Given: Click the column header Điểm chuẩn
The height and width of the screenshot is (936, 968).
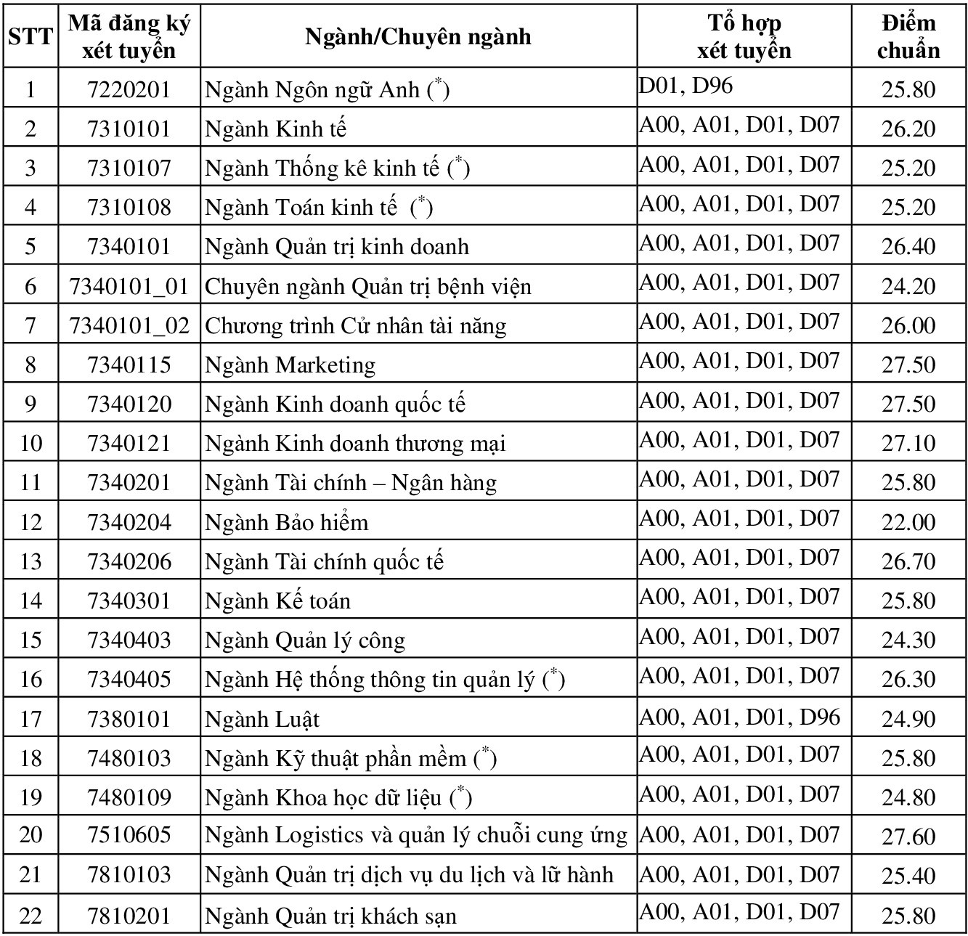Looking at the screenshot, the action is (x=908, y=36).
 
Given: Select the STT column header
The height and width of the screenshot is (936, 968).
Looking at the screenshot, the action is (x=30, y=36).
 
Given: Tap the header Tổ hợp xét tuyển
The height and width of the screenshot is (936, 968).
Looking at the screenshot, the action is (x=744, y=36).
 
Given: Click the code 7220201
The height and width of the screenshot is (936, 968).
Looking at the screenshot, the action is (x=129, y=89).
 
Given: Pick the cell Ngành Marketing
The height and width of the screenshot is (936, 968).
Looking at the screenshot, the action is (x=290, y=365).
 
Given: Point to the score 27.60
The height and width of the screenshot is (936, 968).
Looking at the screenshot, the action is (x=908, y=837).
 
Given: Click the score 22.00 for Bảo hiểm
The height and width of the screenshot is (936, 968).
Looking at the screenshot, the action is (x=908, y=522).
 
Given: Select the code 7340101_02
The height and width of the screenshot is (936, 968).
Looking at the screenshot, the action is (x=129, y=325).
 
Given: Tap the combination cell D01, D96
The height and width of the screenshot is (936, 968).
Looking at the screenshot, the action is (x=686, y=86).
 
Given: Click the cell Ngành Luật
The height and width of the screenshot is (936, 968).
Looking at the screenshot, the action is (x=262, y=719).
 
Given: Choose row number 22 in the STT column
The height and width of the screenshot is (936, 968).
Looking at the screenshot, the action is (x=30, y=915).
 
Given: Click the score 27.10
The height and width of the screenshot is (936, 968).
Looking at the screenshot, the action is (x=908, y=443).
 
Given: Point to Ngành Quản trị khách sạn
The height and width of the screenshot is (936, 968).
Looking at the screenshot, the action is (x=330, y=916).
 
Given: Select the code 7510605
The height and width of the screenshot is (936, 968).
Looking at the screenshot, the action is (x=129, y=836).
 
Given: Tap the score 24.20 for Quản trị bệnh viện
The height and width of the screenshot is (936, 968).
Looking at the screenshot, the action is (x=908, y=286).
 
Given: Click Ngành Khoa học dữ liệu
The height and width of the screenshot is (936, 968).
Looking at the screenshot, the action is (x=338, y=797).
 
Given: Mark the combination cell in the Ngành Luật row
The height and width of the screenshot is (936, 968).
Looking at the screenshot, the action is (x=739, y=717).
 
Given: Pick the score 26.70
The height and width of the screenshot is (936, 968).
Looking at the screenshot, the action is (x=908, y=561).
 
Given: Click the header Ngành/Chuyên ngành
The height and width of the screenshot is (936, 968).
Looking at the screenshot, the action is (x=418, y=36).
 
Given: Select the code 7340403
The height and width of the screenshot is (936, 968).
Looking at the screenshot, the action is (x=129, y=640).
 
